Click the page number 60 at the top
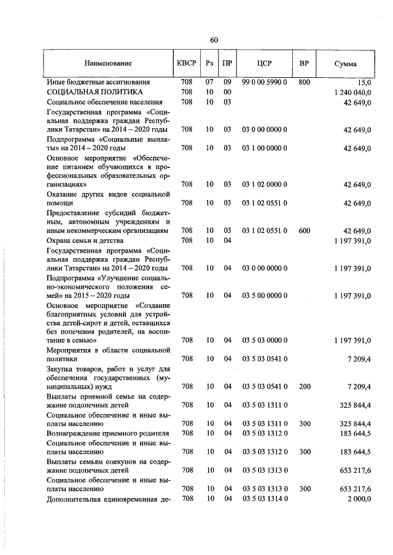(x=214, y=40)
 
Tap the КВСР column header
(x=187, y=63)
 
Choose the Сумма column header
(x=346, y=63)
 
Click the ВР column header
(x=304, y=63)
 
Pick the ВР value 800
(x=304, y=82)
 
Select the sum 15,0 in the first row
(x=363, y=82)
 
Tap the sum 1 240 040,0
(x=353, y=92)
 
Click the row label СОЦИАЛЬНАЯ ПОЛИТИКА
(x=90, y=91)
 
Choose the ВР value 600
(x=304, y=231)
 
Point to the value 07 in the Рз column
(x=209, y=82)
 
